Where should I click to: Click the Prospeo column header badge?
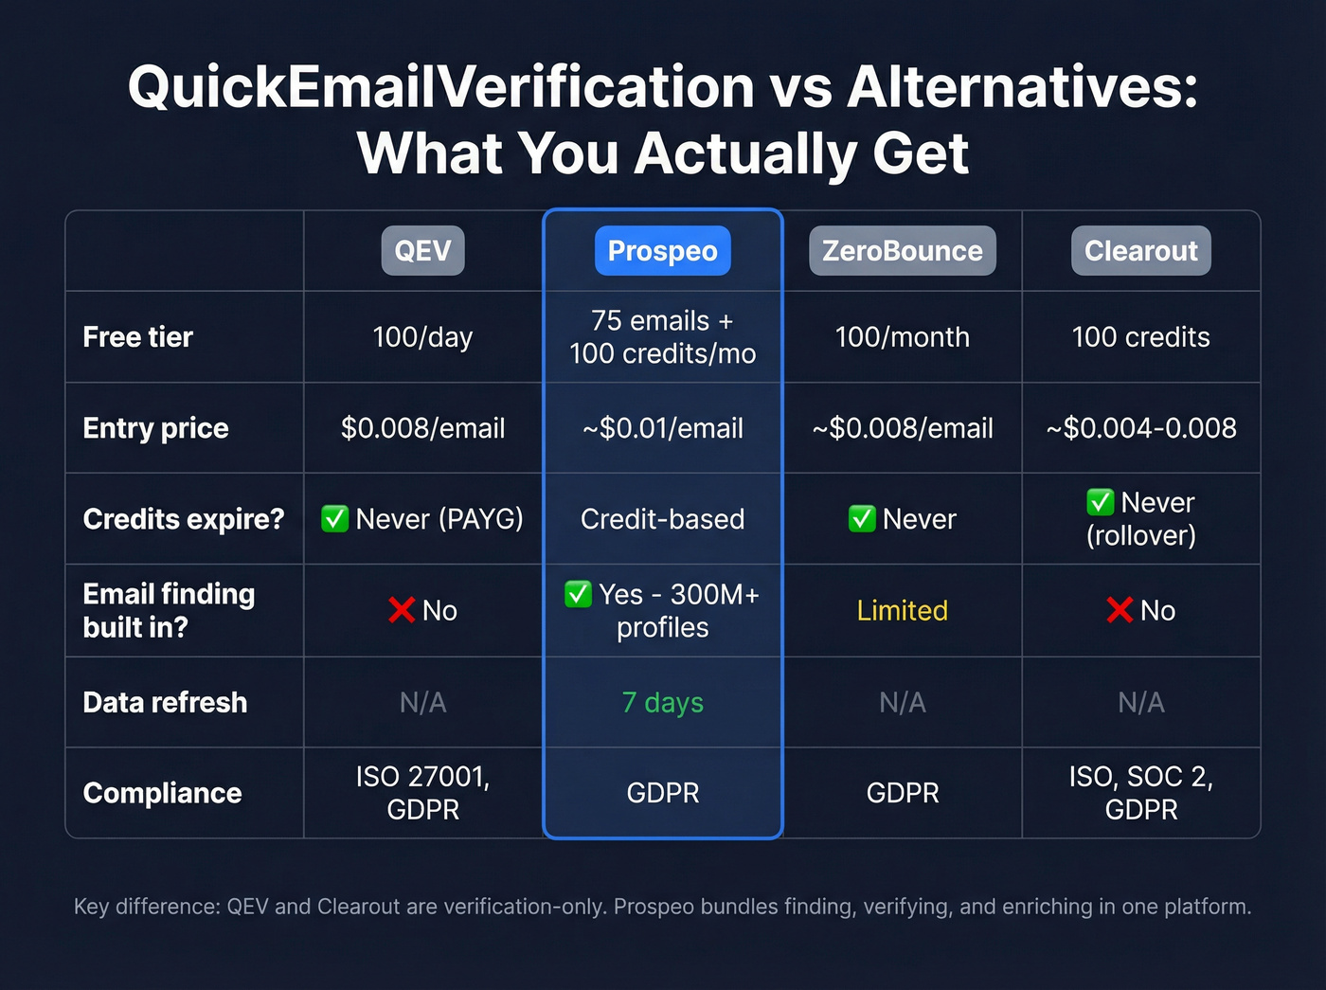662,251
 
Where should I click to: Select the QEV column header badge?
422,251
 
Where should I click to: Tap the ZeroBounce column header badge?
902,251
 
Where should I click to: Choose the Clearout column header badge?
1140,251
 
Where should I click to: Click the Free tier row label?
137,337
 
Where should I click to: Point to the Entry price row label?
155,428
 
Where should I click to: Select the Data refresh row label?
165,702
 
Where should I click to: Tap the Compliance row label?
162,793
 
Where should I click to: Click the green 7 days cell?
662,702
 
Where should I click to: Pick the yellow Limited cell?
902,611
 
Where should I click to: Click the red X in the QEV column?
402,610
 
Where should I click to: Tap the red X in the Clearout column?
1120,610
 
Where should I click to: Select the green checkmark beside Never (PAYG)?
334,519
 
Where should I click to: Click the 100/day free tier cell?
422,337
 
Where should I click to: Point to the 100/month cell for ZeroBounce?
902,337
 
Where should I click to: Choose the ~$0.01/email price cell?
662,428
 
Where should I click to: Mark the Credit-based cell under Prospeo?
662,519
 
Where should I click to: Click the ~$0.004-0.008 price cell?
1140,428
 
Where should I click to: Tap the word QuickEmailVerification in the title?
441,87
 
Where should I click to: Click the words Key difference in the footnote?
146,907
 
